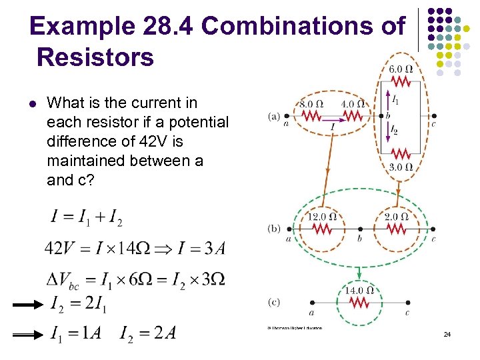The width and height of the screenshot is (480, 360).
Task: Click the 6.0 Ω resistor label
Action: (x=401, y=69)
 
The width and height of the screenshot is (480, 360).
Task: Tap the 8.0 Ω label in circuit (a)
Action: (x=311, y=104)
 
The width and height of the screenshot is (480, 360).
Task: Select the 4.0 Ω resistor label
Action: (x=353, y=104)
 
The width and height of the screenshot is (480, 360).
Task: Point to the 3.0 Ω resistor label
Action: (x=401, y=167)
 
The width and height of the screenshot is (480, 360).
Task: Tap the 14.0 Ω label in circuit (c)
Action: (x=359, y=290)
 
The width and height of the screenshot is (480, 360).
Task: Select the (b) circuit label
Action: (x=274, y=228)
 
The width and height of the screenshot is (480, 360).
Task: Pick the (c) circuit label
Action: (x=274, y=302)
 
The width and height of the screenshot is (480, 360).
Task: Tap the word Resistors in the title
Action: (x=96, y=57)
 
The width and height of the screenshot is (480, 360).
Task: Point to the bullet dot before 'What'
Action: (x=31, y=103)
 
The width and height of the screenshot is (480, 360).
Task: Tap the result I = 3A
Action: (x=201, y=249)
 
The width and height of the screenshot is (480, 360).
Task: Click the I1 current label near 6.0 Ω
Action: (x=395, y=100)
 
